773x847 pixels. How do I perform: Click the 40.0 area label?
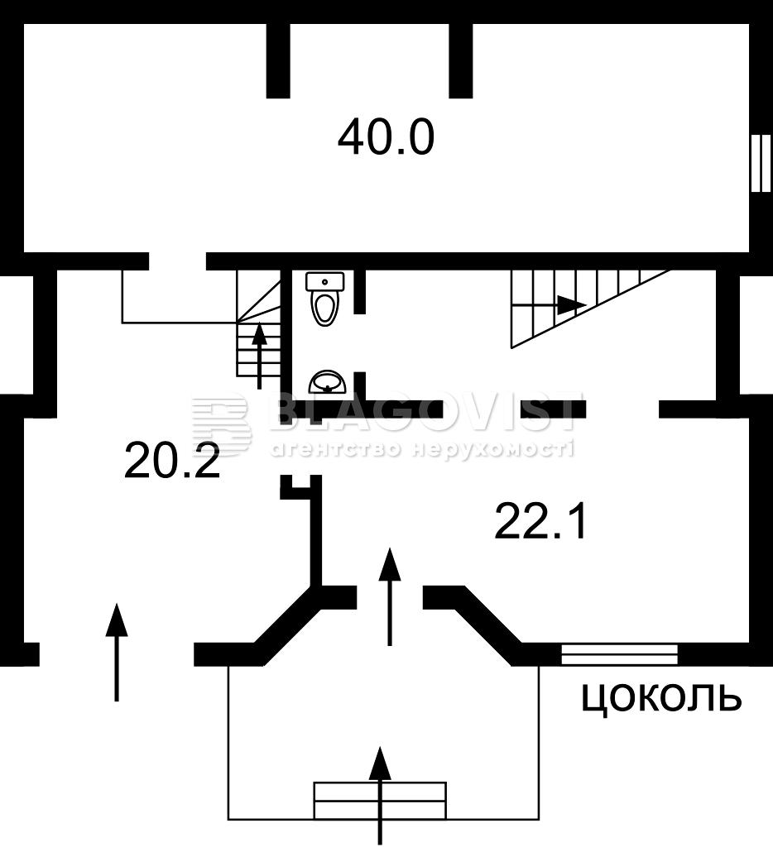click(x=386, y=138)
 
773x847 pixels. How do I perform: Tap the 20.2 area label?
click(x=172, y=460)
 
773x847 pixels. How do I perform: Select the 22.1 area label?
click(x=540, y=521)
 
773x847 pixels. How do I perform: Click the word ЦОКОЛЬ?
click(x=661, y=698)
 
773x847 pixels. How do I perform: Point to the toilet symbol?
click(x=325, y=299)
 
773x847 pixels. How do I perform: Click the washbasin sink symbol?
click(x=327, y=381)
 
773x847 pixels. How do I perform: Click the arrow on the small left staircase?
click(x=260, y=356)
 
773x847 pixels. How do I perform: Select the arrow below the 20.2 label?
click(x=116, y=653)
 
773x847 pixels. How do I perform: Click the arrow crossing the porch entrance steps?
click(x=382, y=796)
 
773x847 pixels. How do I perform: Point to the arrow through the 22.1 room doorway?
click(x=389, y=596)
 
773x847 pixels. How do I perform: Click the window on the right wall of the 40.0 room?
click(x=761, y=163)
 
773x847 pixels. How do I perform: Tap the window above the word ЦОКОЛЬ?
click(x=620, y=654)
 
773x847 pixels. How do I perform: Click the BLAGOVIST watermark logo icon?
click(x=222, y=424)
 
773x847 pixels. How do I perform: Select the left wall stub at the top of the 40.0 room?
click(x=278, y=61)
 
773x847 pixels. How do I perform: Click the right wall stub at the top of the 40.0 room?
click(x=461, y=61)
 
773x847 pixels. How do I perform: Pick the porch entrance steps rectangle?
click(x=381, y=799)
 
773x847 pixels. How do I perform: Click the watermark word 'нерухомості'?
click(x=492, y=448)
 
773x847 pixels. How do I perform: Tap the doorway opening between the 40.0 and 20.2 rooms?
click(x=178, y=261)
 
